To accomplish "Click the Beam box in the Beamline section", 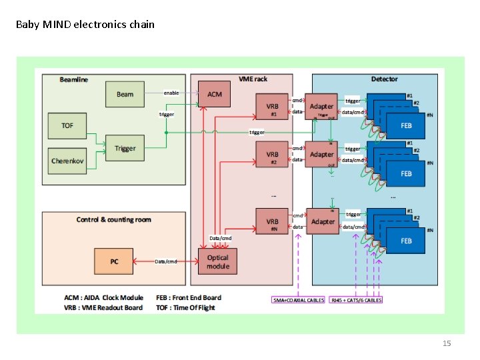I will click(x=125, y=94).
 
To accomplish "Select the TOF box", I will click(x=67, y=125).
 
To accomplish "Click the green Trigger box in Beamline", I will click(x=125, y=148).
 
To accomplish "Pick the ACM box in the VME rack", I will click(x=215, y=94).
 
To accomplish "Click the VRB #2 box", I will click(x=273, y=155).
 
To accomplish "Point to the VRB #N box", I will click(x=273, y=223).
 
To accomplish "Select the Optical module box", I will click(x=217, y=261).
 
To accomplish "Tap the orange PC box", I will click(x=114, y=261).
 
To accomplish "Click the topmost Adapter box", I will click(x=322, y=107).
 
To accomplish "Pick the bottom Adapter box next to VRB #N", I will click(x=322, y=221).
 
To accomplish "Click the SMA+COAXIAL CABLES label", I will click(x=298, y=300).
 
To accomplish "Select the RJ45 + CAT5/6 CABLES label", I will click(x=356, y=300).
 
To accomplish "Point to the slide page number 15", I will click(x=447, y=343).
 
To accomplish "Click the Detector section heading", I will click(x=384, y=79).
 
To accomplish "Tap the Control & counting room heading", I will click(x=114, y=219).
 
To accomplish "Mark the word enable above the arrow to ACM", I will click(x=171, y=93).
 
